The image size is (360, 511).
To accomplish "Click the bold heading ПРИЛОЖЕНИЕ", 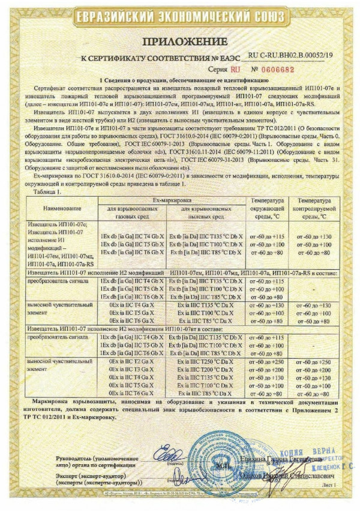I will pyautogui.click(x=180, y=40).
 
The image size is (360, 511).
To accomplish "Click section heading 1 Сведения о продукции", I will pyautogui.click(x=180, y=79).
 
